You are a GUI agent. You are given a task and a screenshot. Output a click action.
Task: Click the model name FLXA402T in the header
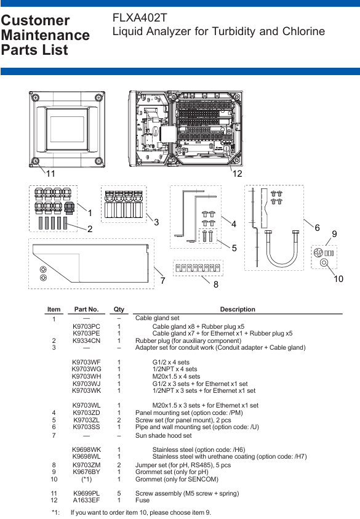140,17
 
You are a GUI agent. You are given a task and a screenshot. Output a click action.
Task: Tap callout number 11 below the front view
50,174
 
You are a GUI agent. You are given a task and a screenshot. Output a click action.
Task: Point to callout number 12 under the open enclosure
237,174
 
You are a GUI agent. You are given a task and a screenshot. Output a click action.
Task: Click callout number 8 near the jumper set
216,284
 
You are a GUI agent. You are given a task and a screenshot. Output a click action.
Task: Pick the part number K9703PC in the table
86,326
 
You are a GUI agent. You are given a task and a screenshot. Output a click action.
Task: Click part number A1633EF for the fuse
86,500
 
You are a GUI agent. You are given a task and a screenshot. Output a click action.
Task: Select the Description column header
238,309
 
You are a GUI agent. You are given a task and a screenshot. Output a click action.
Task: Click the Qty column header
119,309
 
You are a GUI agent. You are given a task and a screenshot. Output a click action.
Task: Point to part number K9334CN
86,340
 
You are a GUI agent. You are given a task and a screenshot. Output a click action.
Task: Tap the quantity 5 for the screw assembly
119,493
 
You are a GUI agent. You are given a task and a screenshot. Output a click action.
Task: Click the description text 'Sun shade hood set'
164,436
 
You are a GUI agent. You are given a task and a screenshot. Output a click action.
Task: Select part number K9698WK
86,449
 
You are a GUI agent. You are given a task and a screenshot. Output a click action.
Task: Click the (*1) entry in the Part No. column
86,479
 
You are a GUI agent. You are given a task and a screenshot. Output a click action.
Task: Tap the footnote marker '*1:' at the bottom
55,512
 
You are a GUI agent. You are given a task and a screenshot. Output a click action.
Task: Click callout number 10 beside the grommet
338,279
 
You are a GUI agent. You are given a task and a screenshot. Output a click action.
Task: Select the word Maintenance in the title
46,35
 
